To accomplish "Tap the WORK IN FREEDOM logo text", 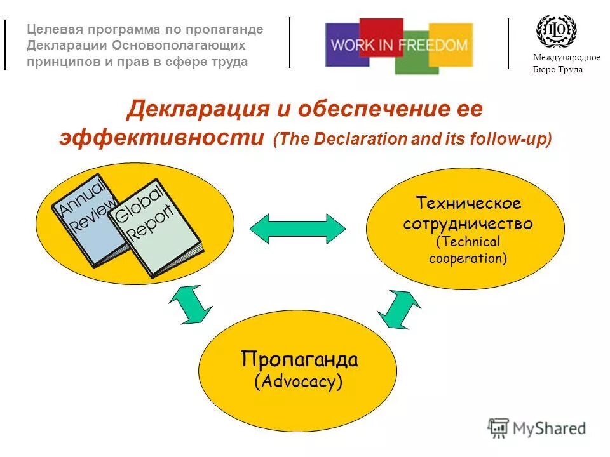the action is [x=400, y=46].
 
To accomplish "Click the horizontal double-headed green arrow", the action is [x=297, y=228].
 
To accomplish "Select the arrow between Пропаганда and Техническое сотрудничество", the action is [x=398, y=309].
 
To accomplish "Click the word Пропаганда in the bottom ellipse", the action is [x=299, y=360].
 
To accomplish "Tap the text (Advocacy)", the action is [x=298, y=382].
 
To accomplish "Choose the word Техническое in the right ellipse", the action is [x=468, y=204].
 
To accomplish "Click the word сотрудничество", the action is [x=468, y=224].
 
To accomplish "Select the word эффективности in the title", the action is [x=161, y=138].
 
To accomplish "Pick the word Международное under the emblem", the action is [x=566, y=58].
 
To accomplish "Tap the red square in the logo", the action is [x=381, y=30].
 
